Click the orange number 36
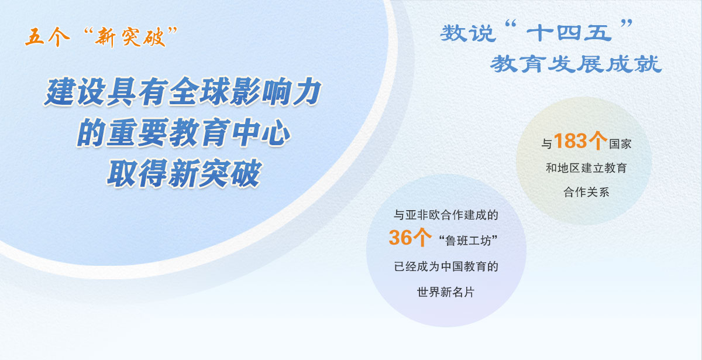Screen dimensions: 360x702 point(401,238)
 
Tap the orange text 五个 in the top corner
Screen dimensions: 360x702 point(46,38)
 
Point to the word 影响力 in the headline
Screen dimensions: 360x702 point(280,93)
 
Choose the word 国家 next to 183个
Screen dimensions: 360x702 point(620,143)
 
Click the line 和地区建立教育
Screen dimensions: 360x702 point(586,168)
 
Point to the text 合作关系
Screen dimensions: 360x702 point(586,191)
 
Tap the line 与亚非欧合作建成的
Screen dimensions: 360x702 point(446,215)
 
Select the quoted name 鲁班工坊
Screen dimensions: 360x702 point(471,240)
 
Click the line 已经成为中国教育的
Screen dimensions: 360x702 point(446,267)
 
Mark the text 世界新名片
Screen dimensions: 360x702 point(446,292)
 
